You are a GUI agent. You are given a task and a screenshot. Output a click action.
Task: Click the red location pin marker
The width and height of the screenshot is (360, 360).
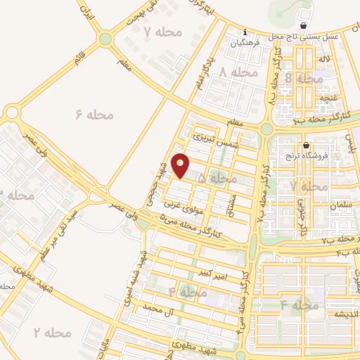pyautogui.click(x=180, y=166)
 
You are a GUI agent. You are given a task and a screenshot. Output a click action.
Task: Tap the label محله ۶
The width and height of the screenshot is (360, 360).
pyautogui.click(x=94, y=114)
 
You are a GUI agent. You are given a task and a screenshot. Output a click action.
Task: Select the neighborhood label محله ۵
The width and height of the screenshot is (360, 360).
pyautogui.click(x=217, y=179)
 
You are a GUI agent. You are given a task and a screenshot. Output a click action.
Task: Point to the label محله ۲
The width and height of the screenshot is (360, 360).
pyautogui.click(x=53, y=332)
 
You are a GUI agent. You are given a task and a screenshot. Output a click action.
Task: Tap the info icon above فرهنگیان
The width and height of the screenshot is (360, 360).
pyautogui.click(x=244, y=32)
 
